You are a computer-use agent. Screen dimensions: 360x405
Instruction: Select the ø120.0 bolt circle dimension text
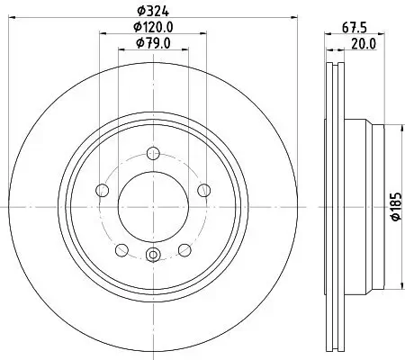tap(153, 28)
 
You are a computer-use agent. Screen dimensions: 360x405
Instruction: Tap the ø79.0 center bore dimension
tap(153, 44)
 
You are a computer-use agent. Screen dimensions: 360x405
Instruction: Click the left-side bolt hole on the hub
tap(102, 189)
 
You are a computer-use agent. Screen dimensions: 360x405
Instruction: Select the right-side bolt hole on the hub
tap(203, 189)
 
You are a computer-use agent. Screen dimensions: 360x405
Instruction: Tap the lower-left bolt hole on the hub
tap(122, 247)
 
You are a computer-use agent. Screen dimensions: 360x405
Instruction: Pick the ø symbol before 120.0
tap(134, 28)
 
